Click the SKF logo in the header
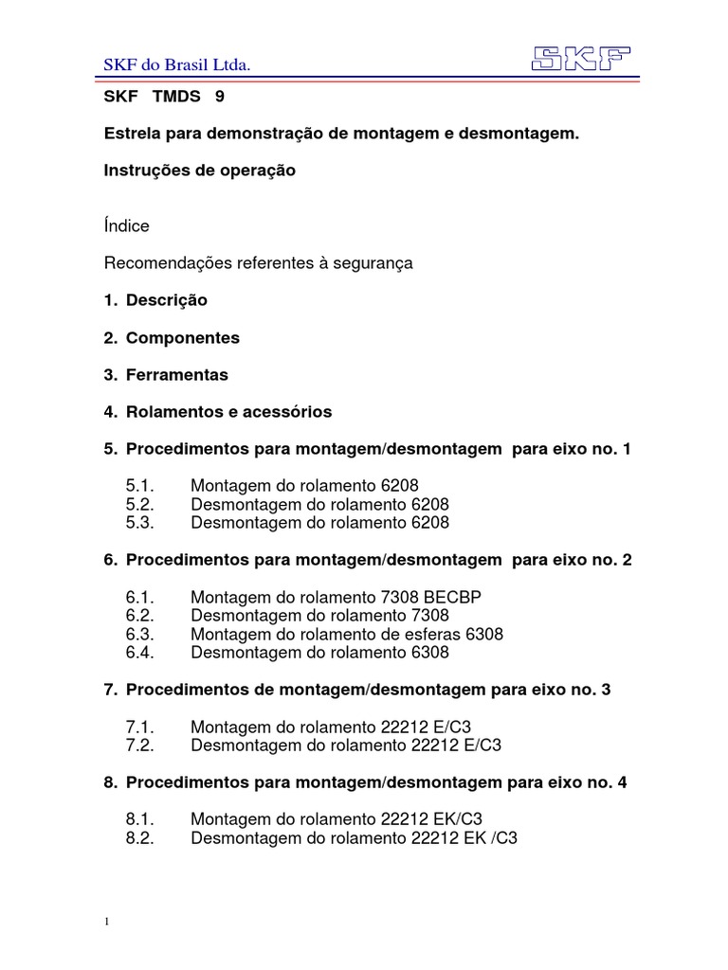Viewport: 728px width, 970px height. coord(581,59)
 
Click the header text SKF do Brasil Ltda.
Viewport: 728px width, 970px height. coord(175,64)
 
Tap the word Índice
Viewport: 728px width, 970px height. coord(126,226)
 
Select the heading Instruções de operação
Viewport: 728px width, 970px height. coord(199,171)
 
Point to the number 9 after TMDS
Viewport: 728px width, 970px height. coord(221,97)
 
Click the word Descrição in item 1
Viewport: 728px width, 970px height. coord(166,300)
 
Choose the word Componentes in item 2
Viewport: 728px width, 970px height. coord(182,337)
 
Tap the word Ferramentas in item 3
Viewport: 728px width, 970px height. coord(176,374)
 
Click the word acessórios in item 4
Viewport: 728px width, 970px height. coord(289,411)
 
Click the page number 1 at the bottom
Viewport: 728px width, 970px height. coord(107,922)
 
